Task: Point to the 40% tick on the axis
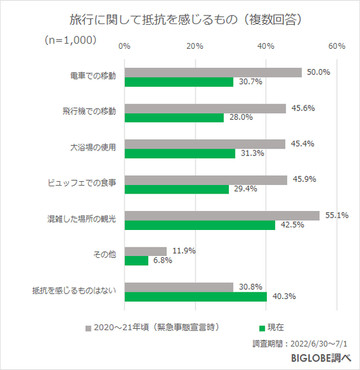265,46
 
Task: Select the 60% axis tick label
337,46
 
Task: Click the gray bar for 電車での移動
213,72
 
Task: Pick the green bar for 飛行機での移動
174,118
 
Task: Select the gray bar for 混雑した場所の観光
222,215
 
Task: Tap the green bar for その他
136,261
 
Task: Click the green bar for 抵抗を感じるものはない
196,296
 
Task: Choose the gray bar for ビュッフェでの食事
205,179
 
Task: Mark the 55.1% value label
338,215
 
